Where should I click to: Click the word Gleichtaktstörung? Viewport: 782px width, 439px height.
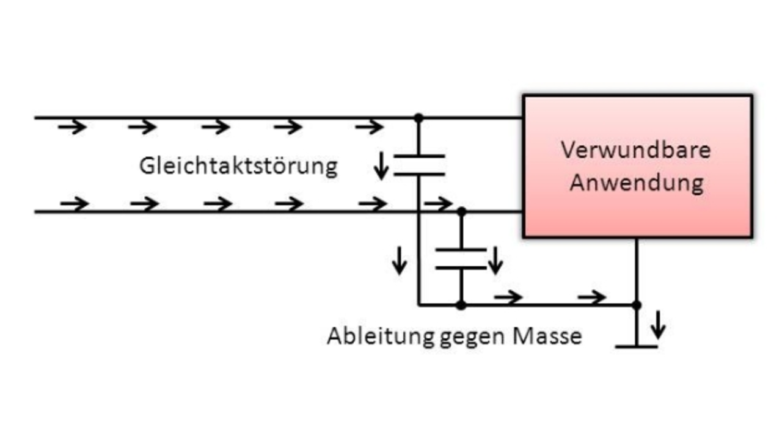pyautogui.click(x=238, y=166)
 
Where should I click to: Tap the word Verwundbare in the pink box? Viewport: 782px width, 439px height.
pyautogui.click(x=636, y=150)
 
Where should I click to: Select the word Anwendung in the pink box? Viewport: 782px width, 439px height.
pyautogui.click(x=636, y=182)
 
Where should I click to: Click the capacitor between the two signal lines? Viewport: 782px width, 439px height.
pyautogui.click(x=418, y=165)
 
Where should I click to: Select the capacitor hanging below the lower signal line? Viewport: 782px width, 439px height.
pyautogui.click(x=461, y=258)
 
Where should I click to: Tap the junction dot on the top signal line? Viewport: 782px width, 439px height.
pyautogui.click(x=418, y=117)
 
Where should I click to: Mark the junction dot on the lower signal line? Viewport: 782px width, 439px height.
pyautogui.click(x=461, y=211)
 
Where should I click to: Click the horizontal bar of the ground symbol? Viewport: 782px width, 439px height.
pyautogui.click(x=636, y=346)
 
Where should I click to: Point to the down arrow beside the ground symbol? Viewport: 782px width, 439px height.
pyautogui.click(x=657, y=325)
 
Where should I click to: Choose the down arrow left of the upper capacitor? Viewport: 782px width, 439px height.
pyautogui.click(x=381, y=166)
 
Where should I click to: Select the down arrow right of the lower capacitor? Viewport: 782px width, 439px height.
pyautogui.click(x=495, y=259)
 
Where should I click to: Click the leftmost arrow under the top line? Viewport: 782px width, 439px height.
pyautogui.click(x=72, y=127)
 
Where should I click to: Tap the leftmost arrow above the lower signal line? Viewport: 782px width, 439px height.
pyautogui.click(x=74, y=203)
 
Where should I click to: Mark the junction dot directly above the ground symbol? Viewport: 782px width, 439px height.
pyautogui.click(x=636, y=304)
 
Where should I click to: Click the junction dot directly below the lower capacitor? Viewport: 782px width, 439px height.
pyautogui.click(x=461, y=305)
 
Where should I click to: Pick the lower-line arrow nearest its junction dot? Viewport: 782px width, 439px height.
pyautogui.click(x=439, y=203)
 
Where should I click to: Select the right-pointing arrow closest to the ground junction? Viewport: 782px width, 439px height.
pyautogui.click(x=591, y=297)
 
